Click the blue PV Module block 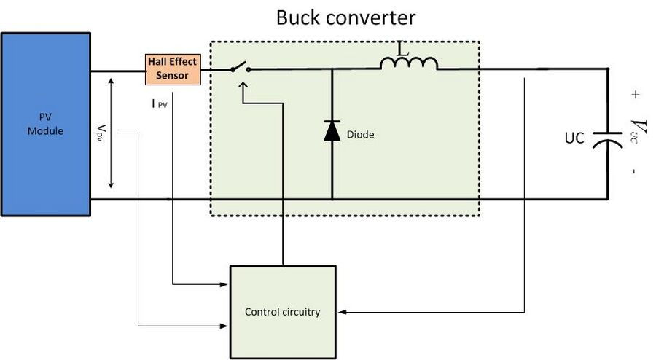[46, 124]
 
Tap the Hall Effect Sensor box [173, 69]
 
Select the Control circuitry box [283, 312]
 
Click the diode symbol [332, 131]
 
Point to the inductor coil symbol [409, 63]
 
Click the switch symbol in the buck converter [241, 67]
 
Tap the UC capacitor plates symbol [608, 139]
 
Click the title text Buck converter [345, 17]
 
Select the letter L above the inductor [402, 49]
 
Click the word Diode [360, 135]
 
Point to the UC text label [574, 138]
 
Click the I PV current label [160, 103]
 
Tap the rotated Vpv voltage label [101, 133]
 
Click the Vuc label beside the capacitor [639, 131]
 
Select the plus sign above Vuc [636, 95]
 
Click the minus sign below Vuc [635, 171]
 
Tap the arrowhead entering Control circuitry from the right [342, 312]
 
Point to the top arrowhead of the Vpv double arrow [111, 81]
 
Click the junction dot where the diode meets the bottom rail [332, 200]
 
